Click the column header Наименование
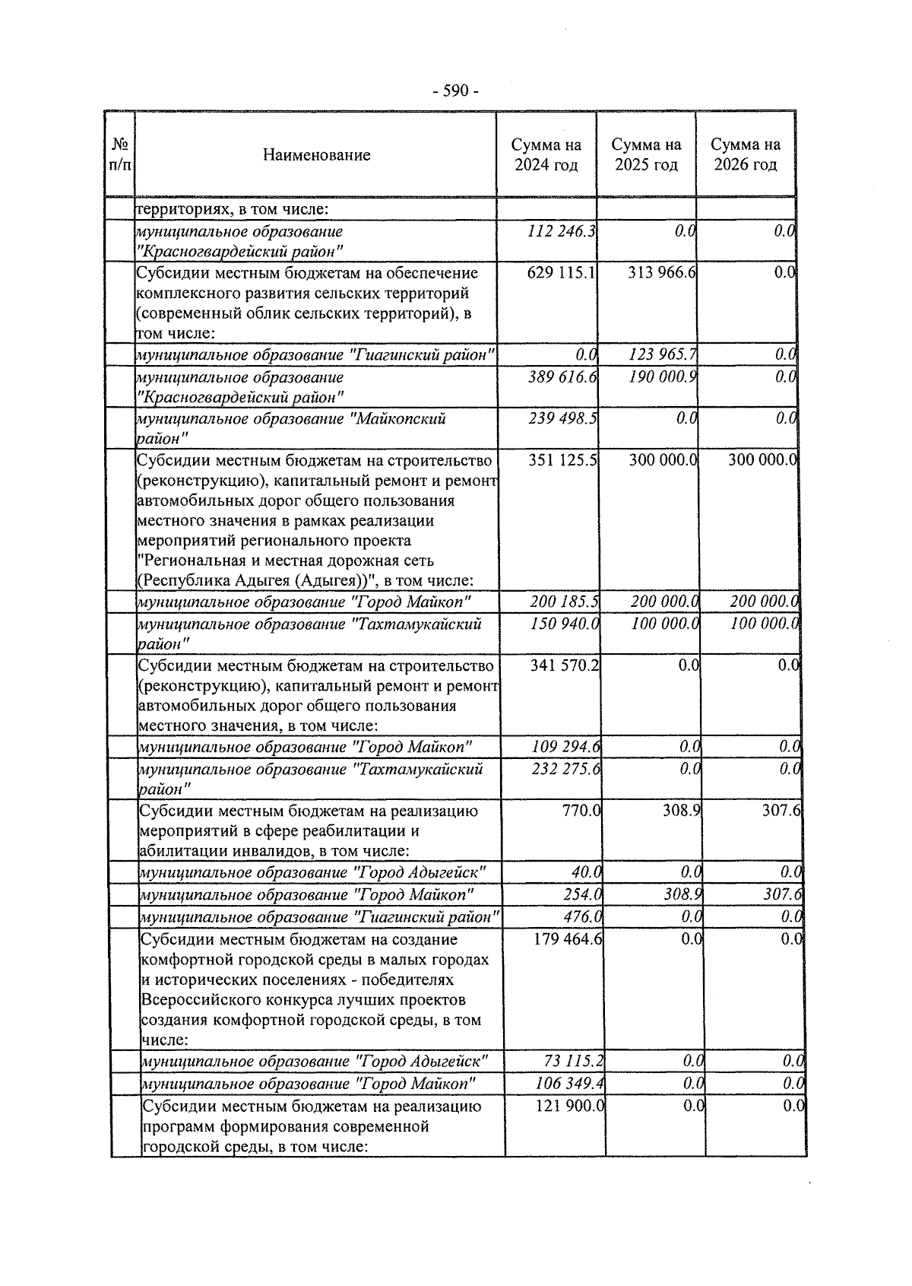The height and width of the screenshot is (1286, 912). [x=316, y=155]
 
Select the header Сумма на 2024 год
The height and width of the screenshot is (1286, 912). [x=546, y=154]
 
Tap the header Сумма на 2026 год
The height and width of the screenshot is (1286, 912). [x=746, y=154]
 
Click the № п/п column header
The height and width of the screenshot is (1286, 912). [x=120, y=154]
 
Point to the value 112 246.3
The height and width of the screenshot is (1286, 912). [x=562, y=231]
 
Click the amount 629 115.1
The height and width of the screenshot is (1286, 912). [x=561, y=272]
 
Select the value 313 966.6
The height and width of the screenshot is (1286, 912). [x=662, y=272]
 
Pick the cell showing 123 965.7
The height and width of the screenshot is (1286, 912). [x=663, y=354]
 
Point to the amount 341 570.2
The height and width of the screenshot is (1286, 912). [x=565, y=665]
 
